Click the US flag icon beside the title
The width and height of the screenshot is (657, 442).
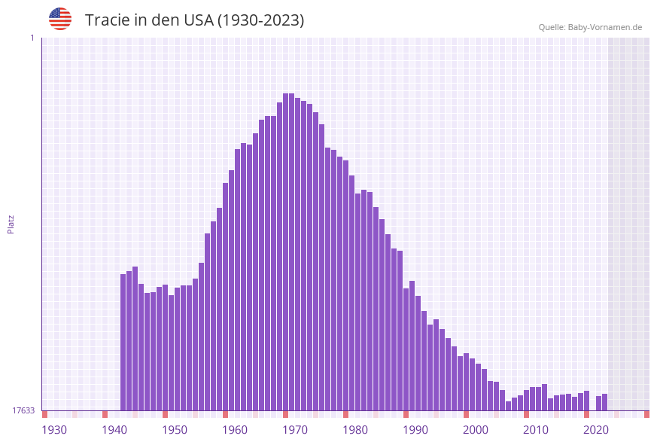[60, 19]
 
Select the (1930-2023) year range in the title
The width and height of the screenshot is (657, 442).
[260, 20]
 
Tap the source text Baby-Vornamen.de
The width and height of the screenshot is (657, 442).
[605, 27]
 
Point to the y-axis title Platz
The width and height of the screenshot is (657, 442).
[11, 224]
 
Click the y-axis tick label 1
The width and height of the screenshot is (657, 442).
[32, 38]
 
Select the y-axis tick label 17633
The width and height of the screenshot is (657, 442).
[23, 410]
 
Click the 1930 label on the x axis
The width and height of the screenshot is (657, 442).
[54, 430]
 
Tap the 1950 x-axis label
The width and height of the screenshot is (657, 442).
[175, 430]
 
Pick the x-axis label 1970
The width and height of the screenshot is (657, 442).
[295, 430]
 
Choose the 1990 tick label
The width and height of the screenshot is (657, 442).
[415, 430]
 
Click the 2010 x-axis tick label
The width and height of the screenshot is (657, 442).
[536, 430]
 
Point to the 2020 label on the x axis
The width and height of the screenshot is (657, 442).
[596, 430]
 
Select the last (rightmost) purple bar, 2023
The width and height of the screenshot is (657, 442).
[604, 402]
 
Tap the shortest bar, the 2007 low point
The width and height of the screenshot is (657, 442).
[509, 406]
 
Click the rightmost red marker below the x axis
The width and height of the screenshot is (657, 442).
[646, 414]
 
